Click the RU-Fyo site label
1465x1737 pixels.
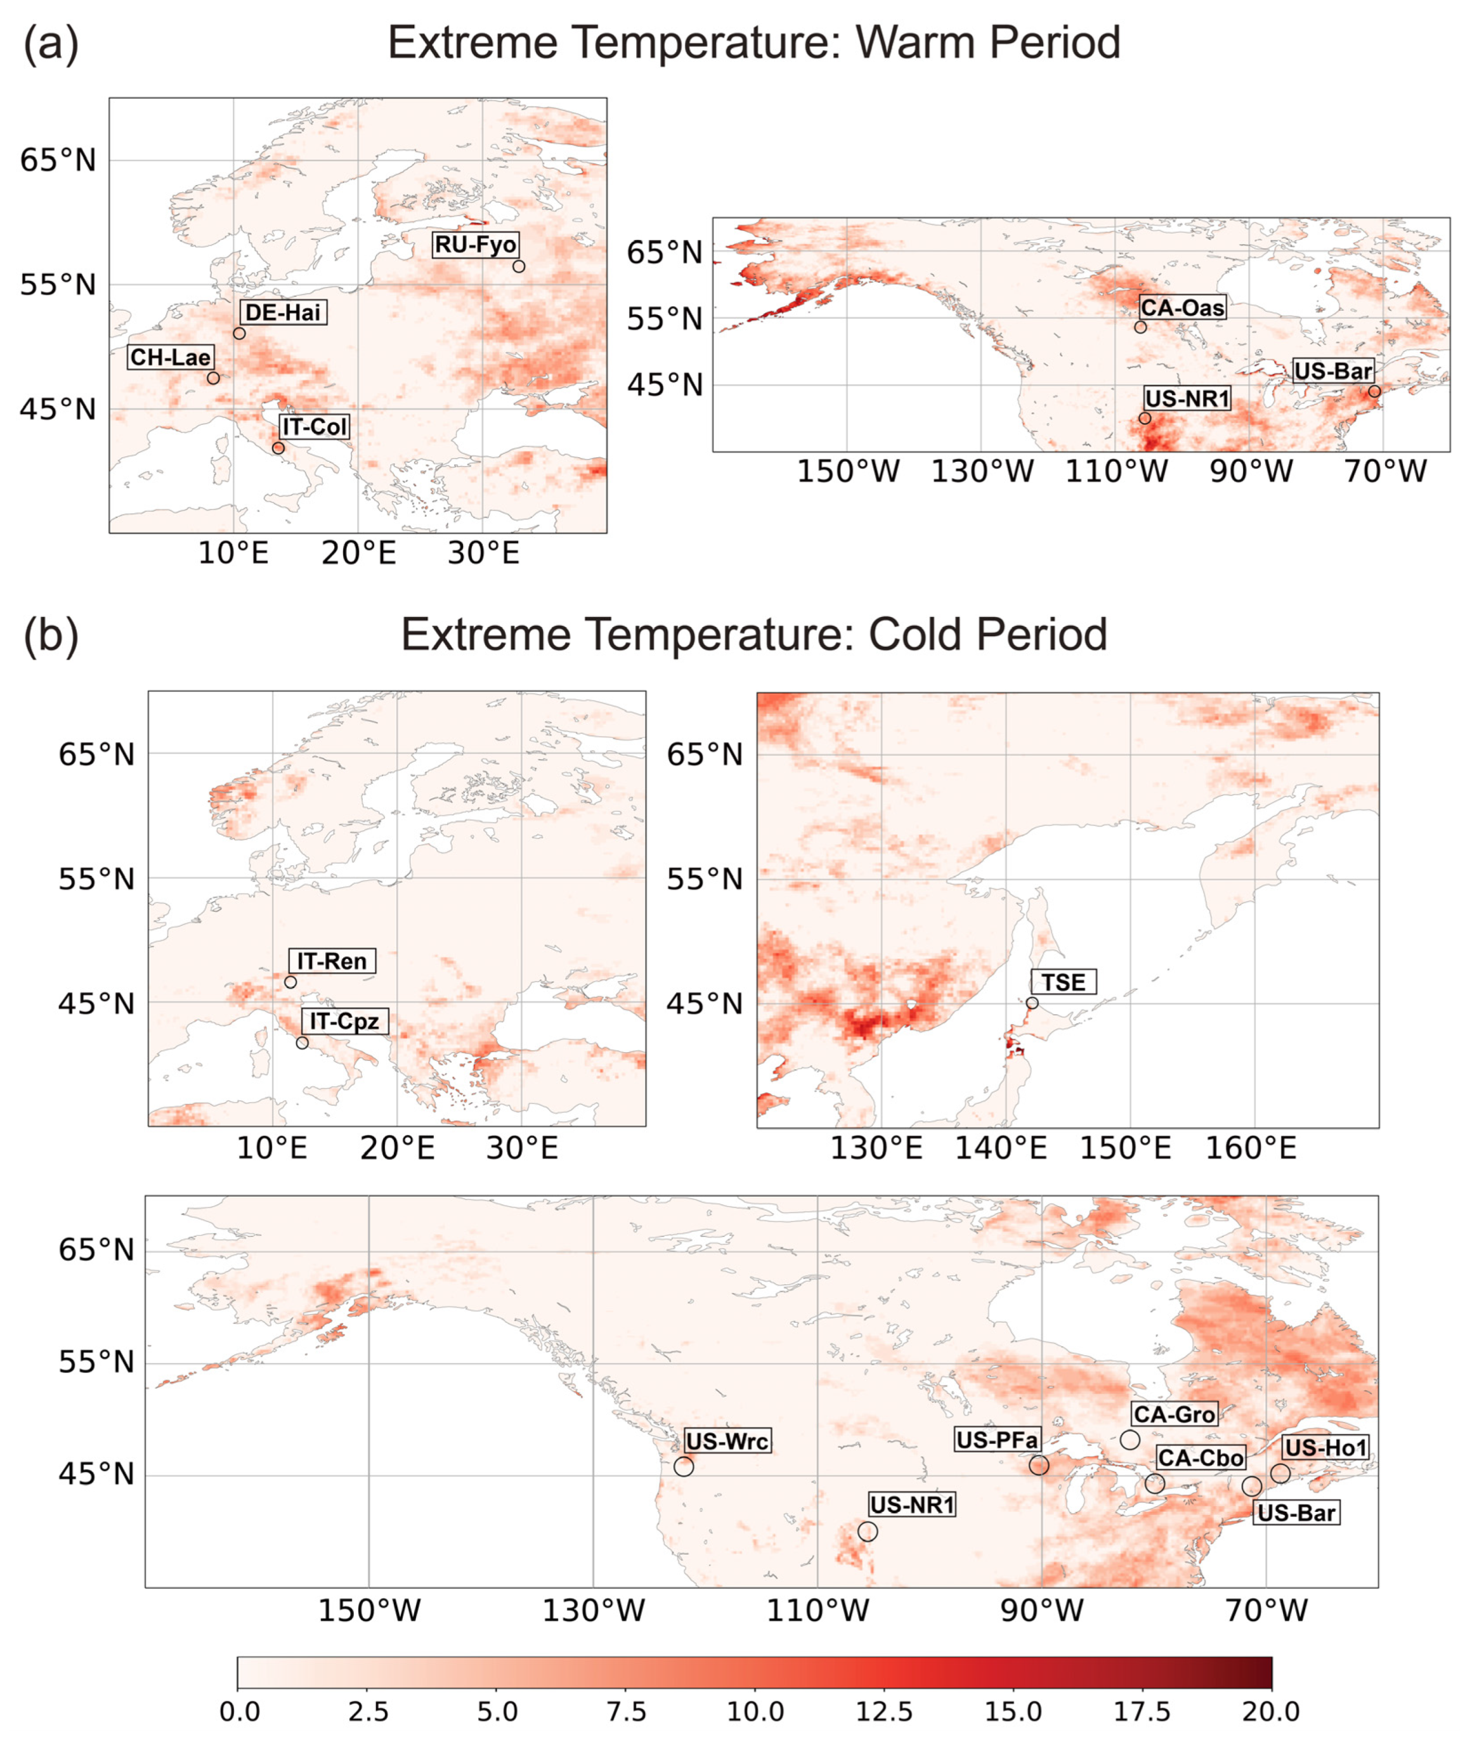pyautogui.click(x=476, y=245)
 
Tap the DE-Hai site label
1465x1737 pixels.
pyautogui.click(x=282, y=313)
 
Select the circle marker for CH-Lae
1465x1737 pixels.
pyautogui.click(x=214, y=378)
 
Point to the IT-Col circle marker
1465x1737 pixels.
pyautogui.click(x=278, y=448)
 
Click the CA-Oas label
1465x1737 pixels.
pyautogui.click(x=1182, y=308)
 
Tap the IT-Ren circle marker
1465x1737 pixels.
pyautogui.click(x=290, y=982)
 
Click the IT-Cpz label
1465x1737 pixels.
pyautogui.click(x=344, y=1021)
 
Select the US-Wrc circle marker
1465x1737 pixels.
pyautogui.click(x=684, y=1466)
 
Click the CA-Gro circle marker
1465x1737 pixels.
pyautogui.click(x=1130, y=1440)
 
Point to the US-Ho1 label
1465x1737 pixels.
pyautogui.click(x=1325, y=1448)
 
